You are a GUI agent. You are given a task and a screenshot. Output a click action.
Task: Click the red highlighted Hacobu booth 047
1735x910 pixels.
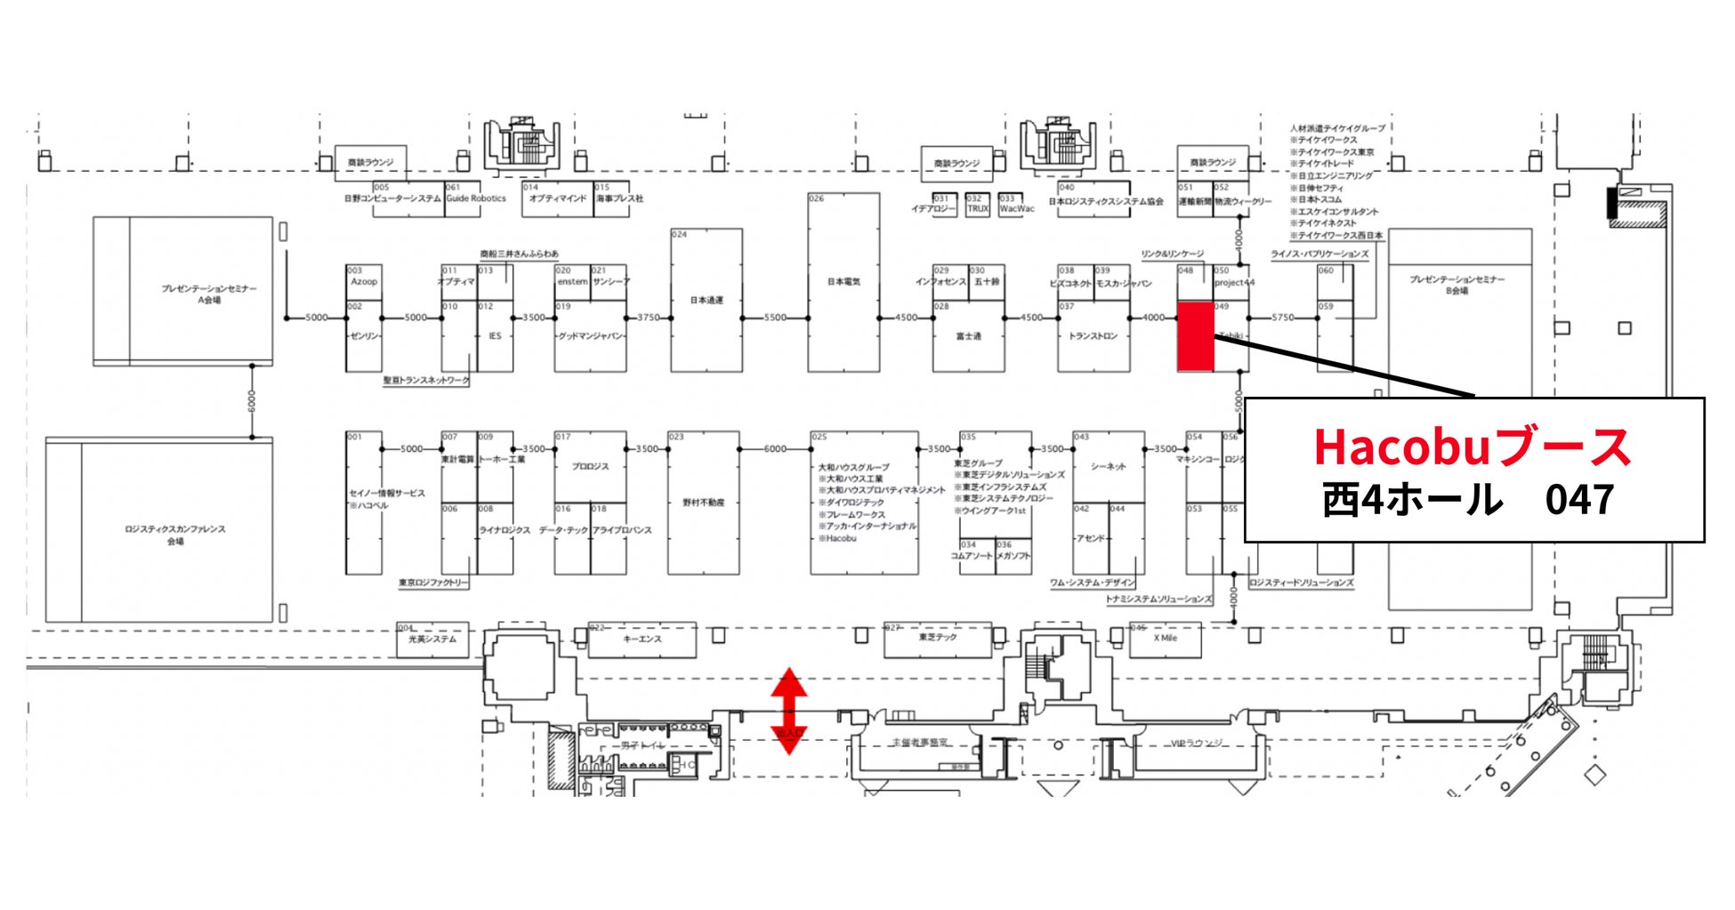[x=1195, y=336]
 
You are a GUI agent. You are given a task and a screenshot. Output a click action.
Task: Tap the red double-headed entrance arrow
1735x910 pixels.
[x=788, y=711]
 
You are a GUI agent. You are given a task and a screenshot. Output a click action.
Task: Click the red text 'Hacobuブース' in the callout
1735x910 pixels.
[x=1473, y=447]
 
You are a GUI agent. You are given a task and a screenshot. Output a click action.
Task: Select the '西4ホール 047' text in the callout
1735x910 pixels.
[x=1468, y=499]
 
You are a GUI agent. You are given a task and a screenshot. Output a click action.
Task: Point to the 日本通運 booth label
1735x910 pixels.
[x=707, y=300]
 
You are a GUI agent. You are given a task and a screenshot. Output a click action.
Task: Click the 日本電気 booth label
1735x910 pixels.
[x=844, y=282]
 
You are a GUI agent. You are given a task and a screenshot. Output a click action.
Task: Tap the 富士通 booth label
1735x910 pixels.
[x=968, y=336]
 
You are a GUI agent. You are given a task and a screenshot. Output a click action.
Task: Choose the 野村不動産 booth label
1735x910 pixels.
[x=704, y=503]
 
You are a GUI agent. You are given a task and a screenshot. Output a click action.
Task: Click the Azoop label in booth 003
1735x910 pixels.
[x=364, y=282]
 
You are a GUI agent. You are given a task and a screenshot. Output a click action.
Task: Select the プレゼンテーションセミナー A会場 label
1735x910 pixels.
[x=209, y=294]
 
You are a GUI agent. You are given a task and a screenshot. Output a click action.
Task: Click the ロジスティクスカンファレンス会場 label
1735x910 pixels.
[x=175, y=535]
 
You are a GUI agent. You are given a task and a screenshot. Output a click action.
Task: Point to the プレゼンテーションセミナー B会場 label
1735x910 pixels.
[x=1457, y=285]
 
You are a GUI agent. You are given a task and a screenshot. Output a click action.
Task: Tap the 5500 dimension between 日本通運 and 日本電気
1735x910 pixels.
[x=775, y=318]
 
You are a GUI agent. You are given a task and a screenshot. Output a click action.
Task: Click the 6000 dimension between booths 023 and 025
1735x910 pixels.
[x=775, y=449]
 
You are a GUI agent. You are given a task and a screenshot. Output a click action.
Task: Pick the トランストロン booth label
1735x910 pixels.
[x=1093, y=336]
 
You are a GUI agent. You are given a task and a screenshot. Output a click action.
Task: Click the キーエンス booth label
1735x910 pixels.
[x=642, y=639]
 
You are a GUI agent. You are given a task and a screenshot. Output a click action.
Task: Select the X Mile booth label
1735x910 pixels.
[x=1166, y=638]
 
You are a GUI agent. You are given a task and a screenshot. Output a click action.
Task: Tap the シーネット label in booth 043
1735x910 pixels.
[x=1109, y=466]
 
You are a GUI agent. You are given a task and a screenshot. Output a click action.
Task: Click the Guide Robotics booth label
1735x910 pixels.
[x=476, y=198]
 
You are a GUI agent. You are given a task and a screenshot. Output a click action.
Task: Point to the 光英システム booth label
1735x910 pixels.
[x=432, y=639]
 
